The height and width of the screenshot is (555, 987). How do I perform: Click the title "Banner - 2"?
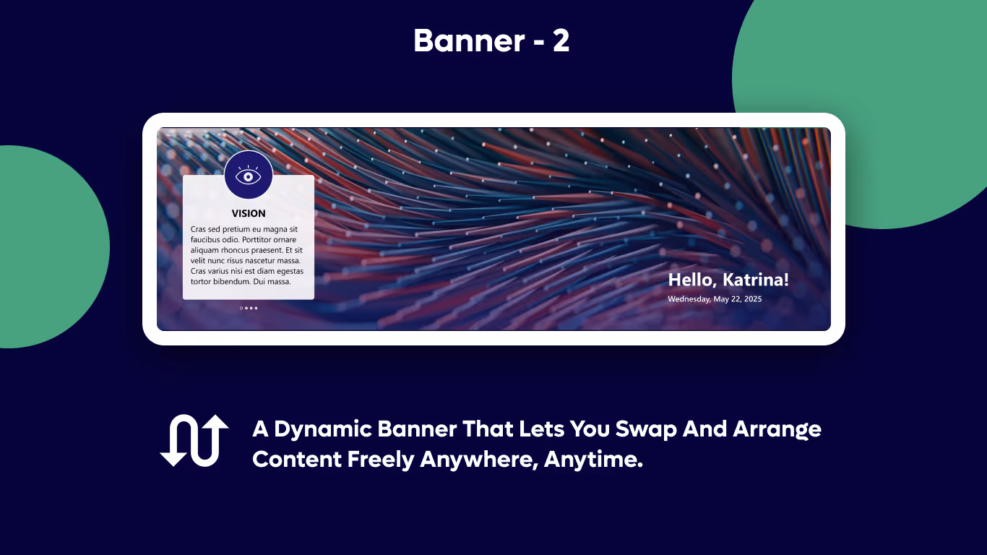pos(491,41)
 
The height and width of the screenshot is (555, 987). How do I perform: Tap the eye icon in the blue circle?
pos(249,175)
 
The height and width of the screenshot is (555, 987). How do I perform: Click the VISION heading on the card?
pos(249,213)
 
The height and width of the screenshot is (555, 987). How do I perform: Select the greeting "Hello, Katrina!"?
pos(728,280)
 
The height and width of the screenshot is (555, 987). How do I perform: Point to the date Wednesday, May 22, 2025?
pos(715,298)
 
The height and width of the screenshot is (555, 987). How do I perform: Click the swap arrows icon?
pos(194,440)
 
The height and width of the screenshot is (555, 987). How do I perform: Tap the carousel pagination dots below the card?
pos(249,308)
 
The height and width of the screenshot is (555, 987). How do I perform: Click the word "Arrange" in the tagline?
pos(777,429)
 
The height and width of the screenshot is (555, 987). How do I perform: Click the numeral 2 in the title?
pos(561,41)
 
